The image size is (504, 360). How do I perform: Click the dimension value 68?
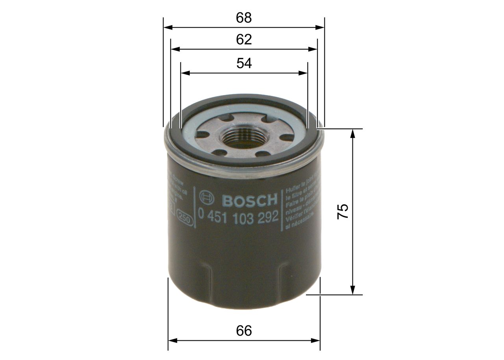tap(244, 18)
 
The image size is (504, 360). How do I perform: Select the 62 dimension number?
tap(244, 39)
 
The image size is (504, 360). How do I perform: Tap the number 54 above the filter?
tap(244, 63)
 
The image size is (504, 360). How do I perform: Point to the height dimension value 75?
tap(342, 212)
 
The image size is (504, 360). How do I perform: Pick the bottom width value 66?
tap(244, 331)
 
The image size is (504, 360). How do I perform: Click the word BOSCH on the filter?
tap(250, 200)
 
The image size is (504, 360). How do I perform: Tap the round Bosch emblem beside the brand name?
tap(207, 200)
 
